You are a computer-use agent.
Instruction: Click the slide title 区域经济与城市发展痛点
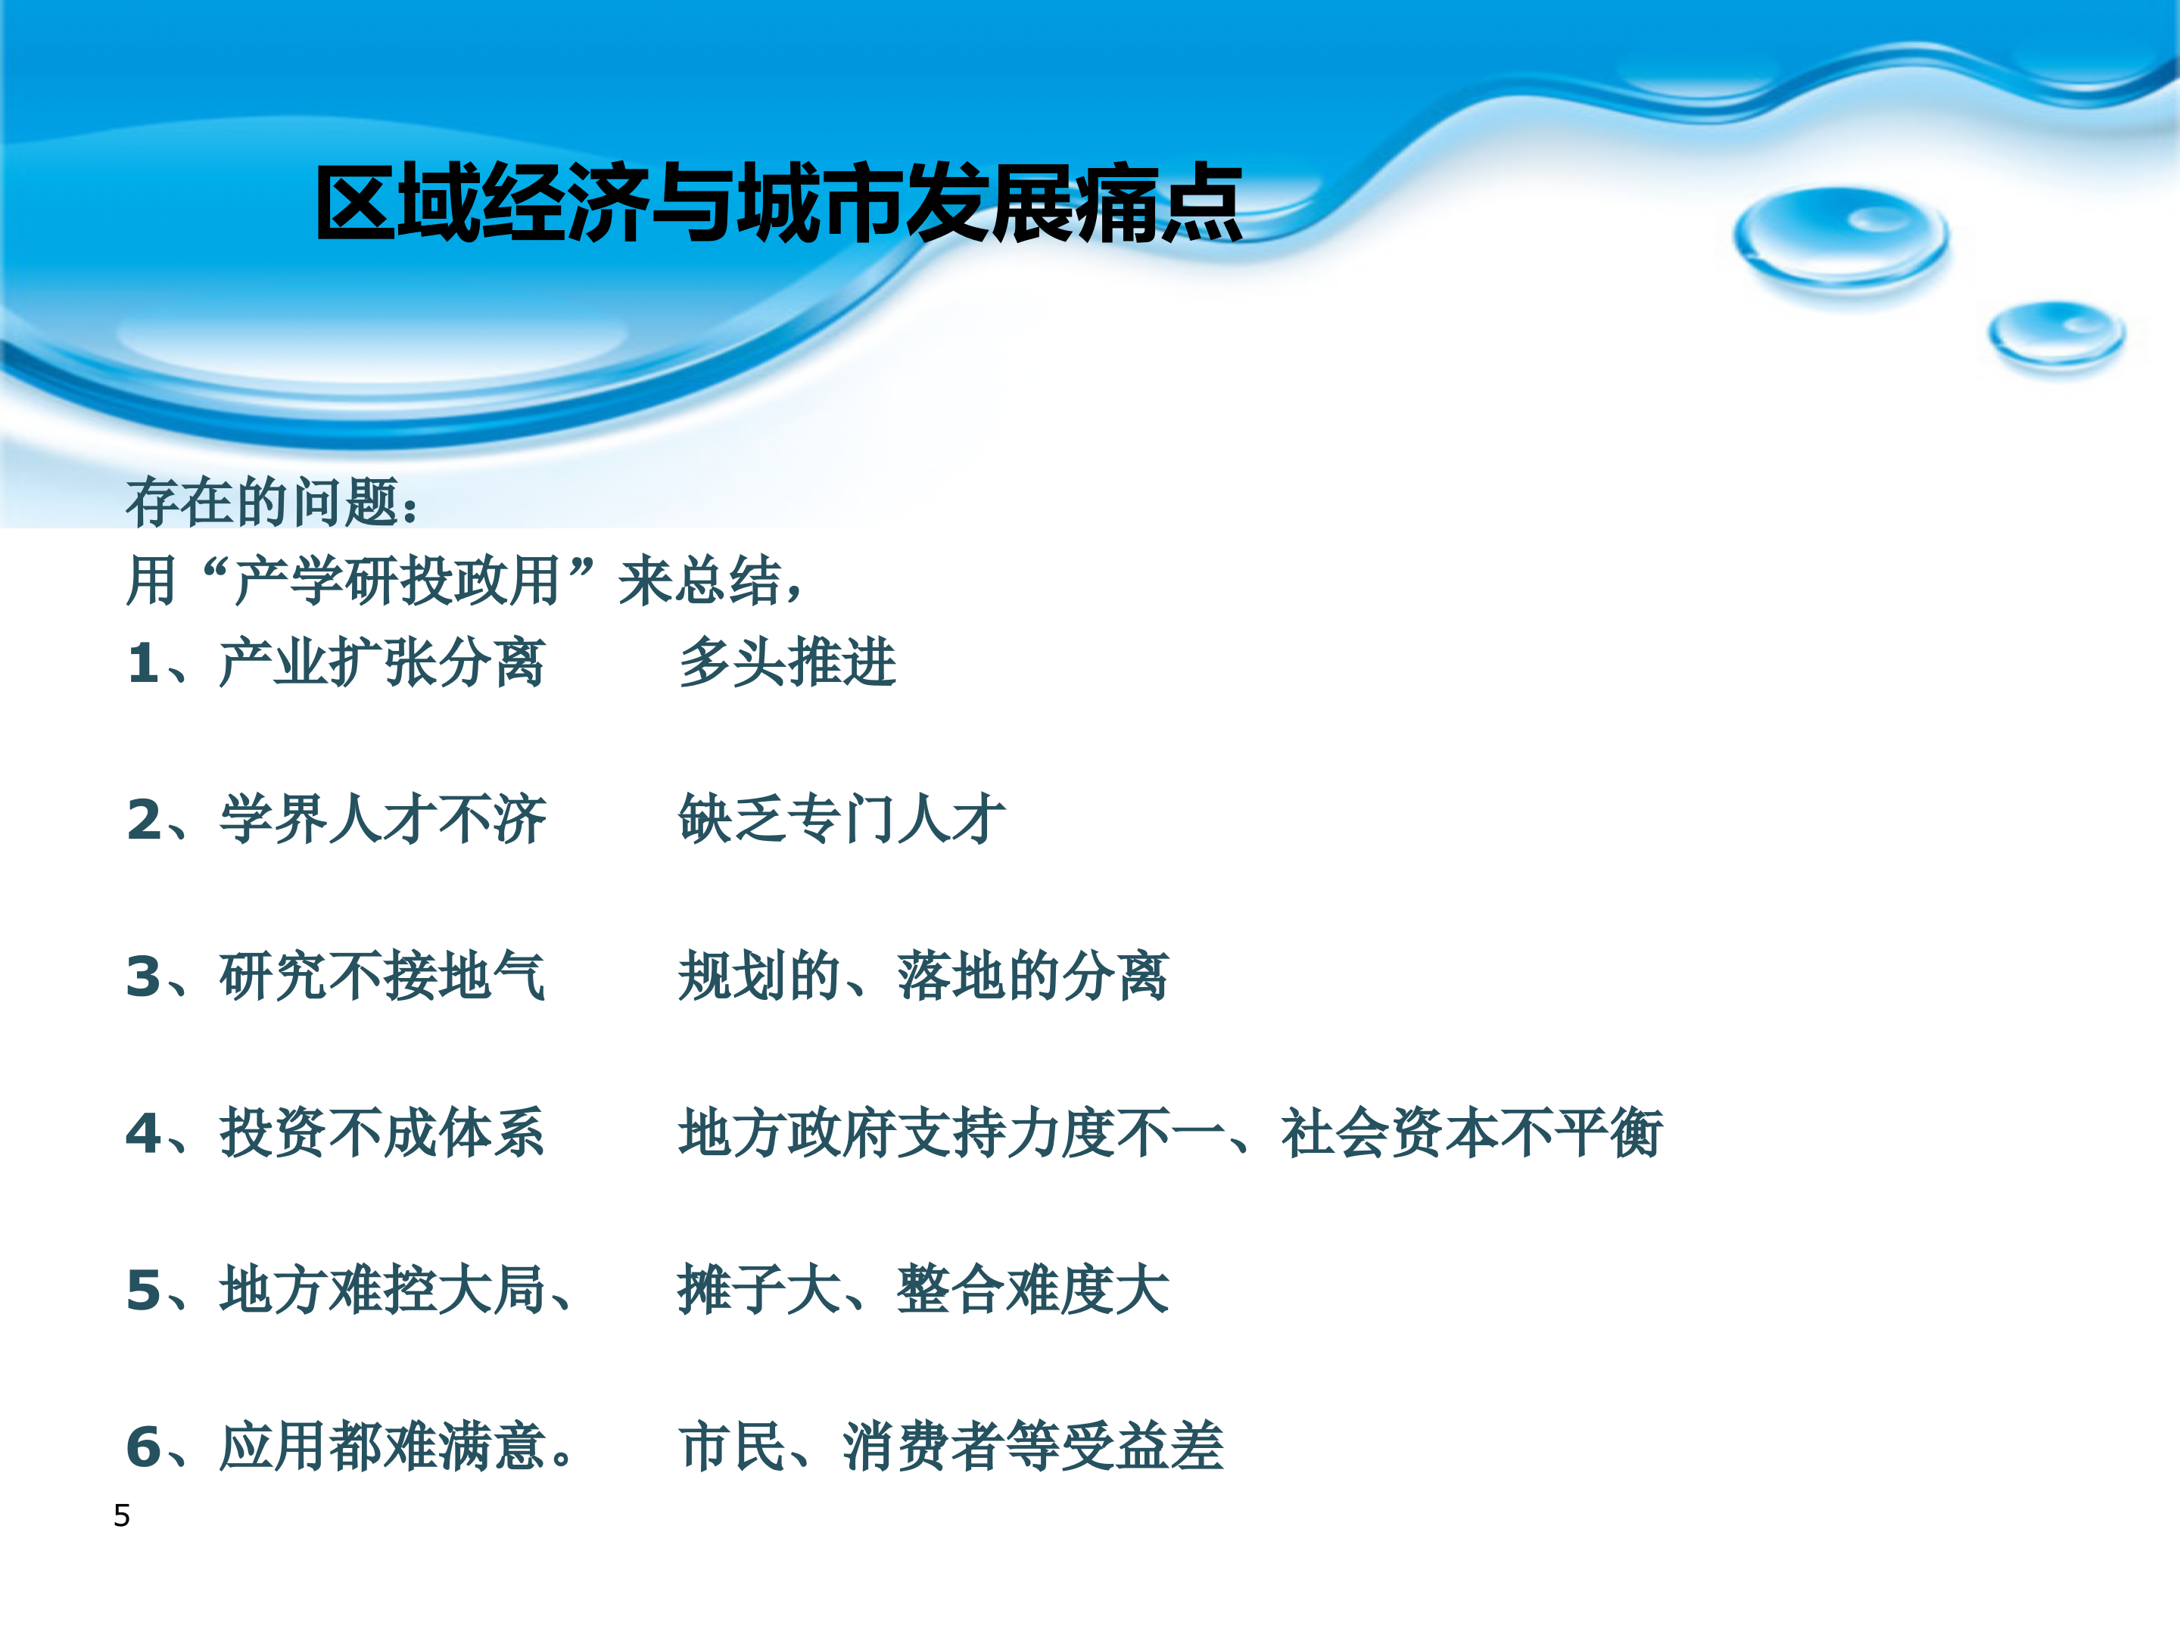(x=779, y=204)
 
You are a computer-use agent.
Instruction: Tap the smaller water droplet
(x=2056, y=333)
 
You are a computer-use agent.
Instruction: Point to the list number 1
(x=144, y=662)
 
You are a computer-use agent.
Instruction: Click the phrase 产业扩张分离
(x=382, y=662)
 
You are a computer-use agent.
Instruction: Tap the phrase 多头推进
(x=787, y=662)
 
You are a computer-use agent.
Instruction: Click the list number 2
(x=144, y=820)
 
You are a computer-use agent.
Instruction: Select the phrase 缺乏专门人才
(x=842, y=820)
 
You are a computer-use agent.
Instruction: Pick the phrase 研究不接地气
(x=382, y=976)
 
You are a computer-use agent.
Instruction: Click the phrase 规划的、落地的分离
(x=923, y=976)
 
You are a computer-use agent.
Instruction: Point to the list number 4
(x=144, y=1133)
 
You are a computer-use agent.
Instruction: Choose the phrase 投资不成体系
(x=382, y=1133)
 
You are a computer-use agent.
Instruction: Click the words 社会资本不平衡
(x=1471, y=1133)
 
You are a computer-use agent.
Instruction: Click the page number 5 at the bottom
(x=122, y=1515)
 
